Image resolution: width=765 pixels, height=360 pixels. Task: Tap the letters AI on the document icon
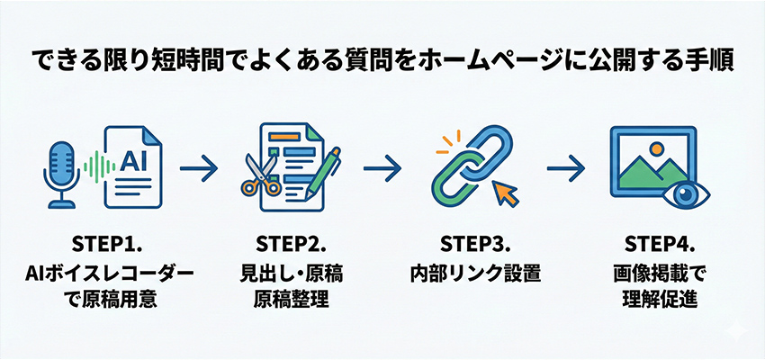(132, 161)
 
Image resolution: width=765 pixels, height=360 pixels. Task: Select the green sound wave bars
(92, 166)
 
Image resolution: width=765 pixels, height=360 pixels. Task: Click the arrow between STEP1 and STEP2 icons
(199, 166)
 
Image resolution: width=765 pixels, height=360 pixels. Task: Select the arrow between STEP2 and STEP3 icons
(383, 166)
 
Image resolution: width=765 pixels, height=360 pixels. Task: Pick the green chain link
(455, 183)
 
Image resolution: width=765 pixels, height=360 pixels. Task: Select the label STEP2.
(288, 243)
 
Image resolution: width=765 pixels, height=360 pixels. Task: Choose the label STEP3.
(474, 243)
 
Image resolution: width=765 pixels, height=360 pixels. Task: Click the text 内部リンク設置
(474, 272)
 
